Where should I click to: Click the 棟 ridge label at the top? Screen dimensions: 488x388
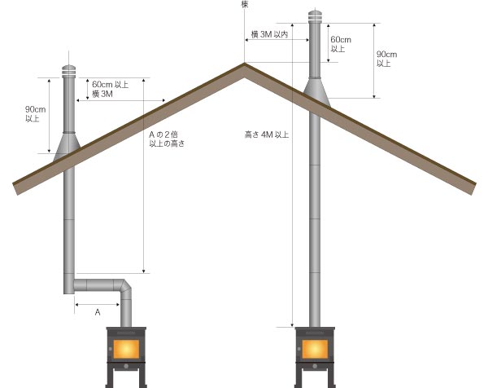[x=245, y=4]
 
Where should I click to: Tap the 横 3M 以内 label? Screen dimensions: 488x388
[x=269, y=34]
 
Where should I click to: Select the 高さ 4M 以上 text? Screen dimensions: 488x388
[x=267, y=134]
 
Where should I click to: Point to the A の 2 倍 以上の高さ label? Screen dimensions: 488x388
[x=167, y=139]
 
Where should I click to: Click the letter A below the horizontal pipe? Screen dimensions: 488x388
[x=98, y=312]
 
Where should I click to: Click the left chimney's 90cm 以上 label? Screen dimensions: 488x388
[x=35, y=114]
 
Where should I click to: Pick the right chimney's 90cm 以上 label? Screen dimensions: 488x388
[x=386, y=59]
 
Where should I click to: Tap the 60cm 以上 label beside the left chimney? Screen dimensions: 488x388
[x=110, y=85]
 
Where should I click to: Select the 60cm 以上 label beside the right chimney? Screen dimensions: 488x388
[x=341, y=44]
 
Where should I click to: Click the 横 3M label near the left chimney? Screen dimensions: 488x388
[x=102, y=94]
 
